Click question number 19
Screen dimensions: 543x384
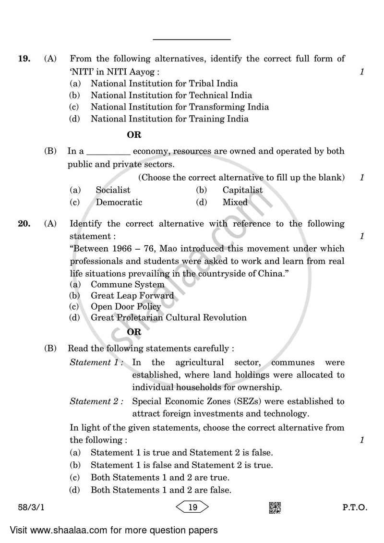(x=24, y=59)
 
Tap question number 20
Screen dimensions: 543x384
(x=24, y=224)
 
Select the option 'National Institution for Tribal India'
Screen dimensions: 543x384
(x=164, y=84)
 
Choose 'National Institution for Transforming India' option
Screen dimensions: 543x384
(x=180, y=107)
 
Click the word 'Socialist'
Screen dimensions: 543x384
(x=113, y=190)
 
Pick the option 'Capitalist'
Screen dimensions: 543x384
(x=242, y=190)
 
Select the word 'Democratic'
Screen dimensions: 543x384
(x=119, y=202)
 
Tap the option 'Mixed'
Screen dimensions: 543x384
(x=235, y=202)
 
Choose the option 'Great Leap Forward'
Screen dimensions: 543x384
(x=132, y=295)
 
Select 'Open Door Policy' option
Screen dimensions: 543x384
(x=126, y=307)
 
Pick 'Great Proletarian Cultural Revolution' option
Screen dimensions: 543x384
(x=168, y=317)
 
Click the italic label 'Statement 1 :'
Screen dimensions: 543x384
(x=96, y=362)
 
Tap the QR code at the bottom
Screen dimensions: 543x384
(x=275, y=507)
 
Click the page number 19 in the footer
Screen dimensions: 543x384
(x=192, y=507)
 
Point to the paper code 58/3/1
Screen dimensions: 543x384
(x=28, y=507)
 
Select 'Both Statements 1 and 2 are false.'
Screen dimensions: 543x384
(x=161, y=490)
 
